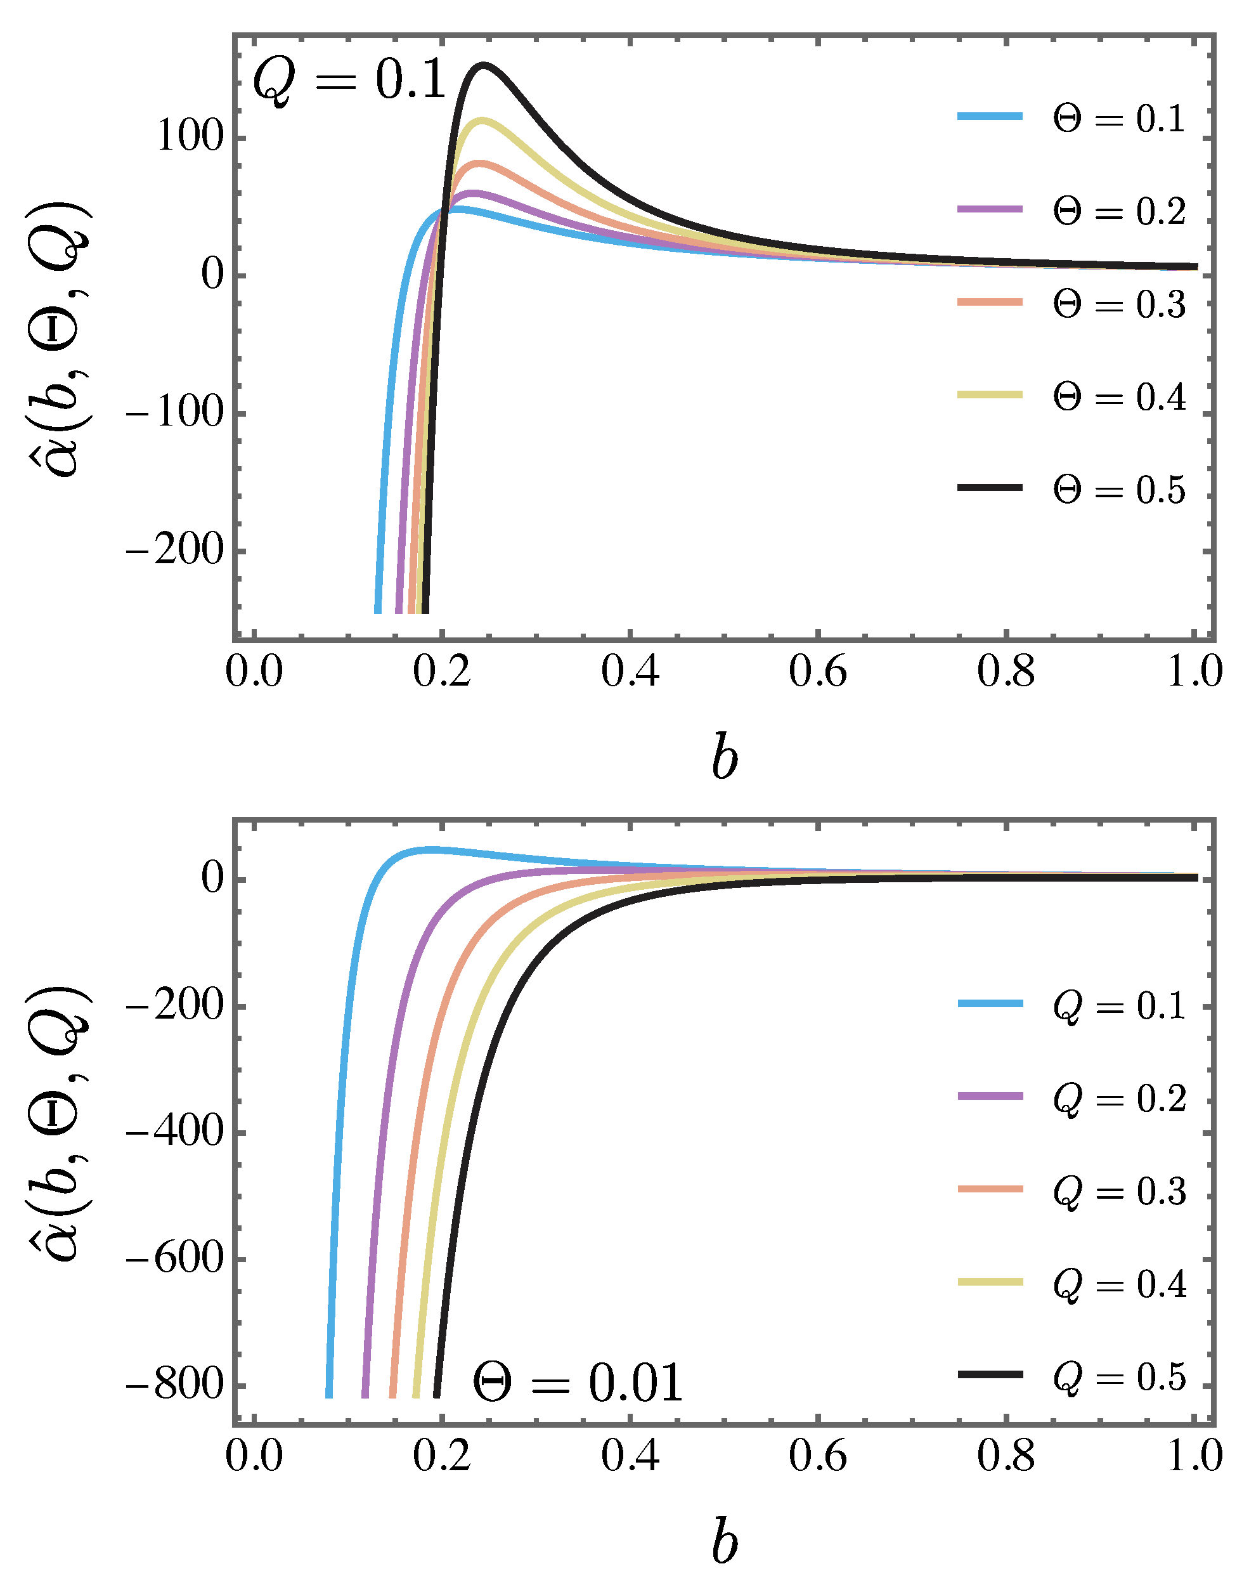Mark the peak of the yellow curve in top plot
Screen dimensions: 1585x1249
481,119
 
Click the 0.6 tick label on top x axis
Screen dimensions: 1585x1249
817,672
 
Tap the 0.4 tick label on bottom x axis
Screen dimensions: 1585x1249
630,1456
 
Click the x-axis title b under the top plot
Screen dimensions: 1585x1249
724,759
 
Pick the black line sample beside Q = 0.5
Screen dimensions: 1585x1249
990,1375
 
